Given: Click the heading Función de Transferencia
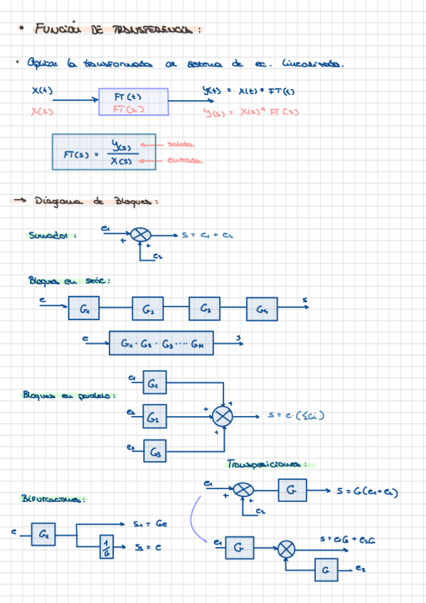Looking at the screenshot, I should (x=117, y=29).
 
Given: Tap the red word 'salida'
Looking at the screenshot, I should (x=180, y=144).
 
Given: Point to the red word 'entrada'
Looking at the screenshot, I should (x=183, y=161).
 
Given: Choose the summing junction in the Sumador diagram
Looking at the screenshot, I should (x=141, y=235).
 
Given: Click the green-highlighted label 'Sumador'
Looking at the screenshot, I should (x=53, y=235).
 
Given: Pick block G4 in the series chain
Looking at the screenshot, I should (x=262, y=310).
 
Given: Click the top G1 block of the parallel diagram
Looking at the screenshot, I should (x=154, y=383).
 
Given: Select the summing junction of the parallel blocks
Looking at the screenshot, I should (x=223, y=417).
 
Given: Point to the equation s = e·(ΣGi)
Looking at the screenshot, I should (x=296, y=415).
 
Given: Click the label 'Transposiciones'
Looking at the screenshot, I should (x=268, y=464).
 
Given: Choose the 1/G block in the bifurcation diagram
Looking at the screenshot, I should (x=107, y=547).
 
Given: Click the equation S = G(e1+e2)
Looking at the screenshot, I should (x=366, y=492).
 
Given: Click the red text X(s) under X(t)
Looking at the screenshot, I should (x=43, y=110).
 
